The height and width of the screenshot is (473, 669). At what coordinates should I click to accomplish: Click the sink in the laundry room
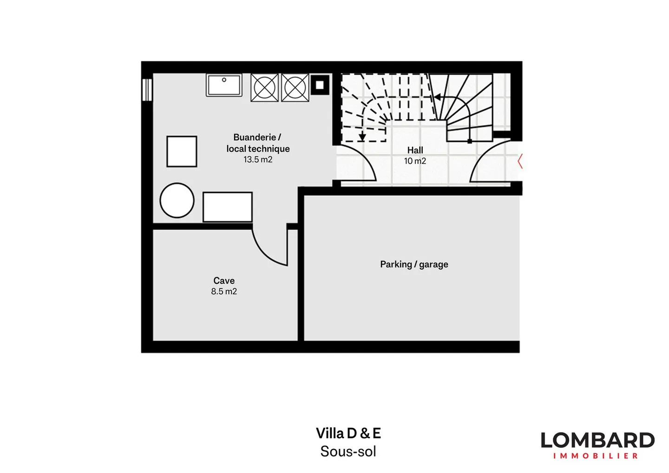(x=224, y=85)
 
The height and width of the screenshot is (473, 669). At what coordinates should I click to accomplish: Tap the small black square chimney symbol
(x=320, y=85)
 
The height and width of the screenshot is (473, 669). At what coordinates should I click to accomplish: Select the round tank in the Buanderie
(x=177, y=200)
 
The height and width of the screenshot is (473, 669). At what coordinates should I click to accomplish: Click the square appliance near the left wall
(x=182, y=151)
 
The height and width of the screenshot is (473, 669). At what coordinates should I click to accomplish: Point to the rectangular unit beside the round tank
(x=228, y=207)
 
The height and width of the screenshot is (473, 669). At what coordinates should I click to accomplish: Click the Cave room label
(x=224, y=281)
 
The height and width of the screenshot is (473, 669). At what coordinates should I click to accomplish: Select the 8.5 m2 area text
(x=224, y=292)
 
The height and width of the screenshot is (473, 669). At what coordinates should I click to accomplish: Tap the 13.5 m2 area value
(x=258, y=160)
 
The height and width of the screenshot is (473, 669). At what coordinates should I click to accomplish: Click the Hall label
(x=415, y=150)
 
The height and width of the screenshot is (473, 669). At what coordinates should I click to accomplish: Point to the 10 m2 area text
(x=415, y=161)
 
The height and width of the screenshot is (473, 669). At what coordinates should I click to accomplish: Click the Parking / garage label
(x=414, y=264)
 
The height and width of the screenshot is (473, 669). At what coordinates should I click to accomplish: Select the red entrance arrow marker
(x=520, y=161)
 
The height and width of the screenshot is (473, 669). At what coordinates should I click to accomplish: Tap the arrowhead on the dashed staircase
(x=362, y=137)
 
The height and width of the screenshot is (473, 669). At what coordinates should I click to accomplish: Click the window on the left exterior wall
(x=147, y=90)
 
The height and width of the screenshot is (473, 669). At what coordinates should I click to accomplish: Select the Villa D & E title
(x=348, y=433)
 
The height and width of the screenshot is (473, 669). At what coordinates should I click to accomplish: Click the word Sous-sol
(x=348, y=451)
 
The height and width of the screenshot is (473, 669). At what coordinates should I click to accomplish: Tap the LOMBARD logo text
(x=597, y=440)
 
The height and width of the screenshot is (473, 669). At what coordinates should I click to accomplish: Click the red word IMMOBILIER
(x=596, y=456)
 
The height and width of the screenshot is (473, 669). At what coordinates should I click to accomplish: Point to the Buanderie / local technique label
(x=258, y=143)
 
